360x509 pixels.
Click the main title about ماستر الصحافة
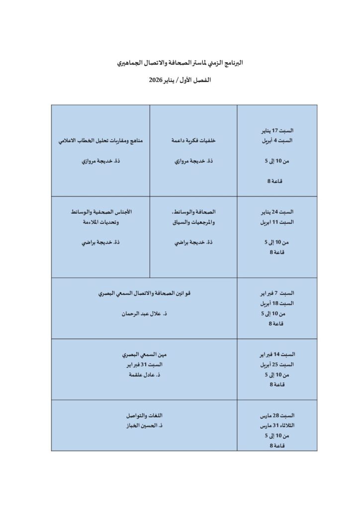(x=180, y=64)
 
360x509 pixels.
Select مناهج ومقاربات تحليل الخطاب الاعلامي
(x=101, y=141)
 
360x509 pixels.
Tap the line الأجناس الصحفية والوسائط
(x=101, y=212)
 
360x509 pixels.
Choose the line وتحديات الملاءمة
(x=101, y=222)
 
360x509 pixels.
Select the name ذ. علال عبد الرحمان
(x=144, y=315)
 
